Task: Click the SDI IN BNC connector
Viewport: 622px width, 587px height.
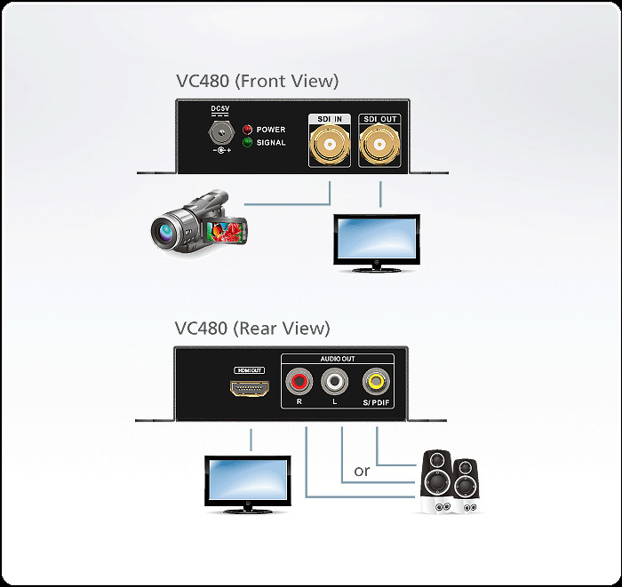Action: pyautogui.click(x=330, y=145)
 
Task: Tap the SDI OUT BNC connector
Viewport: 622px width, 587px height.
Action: pyautogui.click(x=380, y=145)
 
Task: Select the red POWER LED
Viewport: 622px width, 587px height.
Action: pyautogui.click(x=247, y=130)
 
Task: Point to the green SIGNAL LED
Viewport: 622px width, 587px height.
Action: pyautogui.click(x=247, y=143)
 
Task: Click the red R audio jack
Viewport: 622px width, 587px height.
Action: pyautogui.click(x=299, y=383)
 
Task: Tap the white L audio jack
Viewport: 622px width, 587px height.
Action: pyautogui.click(x=333, y=383)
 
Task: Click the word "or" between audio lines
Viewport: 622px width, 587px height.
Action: pyautogui.click(x=361, y=471)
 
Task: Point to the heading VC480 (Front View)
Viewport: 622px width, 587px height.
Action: pyautogui.click(x=257, y=81)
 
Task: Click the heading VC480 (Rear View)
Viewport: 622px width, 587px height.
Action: pyautogui.click(x=252, y=328)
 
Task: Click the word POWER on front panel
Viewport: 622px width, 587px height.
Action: pyautogui.click(x=271, y=130)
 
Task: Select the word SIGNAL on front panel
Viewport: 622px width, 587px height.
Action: pyautogui.click(x=271, y=143)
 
